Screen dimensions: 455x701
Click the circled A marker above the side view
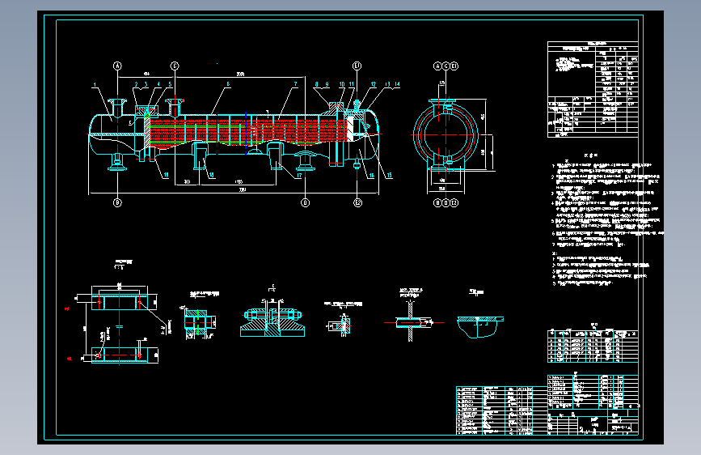click(x=117, y=65)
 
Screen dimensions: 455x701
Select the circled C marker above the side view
click(x=175, y=65)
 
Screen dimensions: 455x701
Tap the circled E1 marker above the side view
click(x=357, y=65)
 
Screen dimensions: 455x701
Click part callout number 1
click(x=95, y=84)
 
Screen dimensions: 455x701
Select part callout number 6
click(x=229, y=84)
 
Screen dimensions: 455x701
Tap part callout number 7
click(x=296, y=84)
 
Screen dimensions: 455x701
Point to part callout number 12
click(x=374, y=84)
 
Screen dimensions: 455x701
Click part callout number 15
click(x=390, y=174)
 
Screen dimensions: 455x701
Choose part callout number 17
click(x=298, y=174)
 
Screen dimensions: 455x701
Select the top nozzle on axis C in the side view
click(x=175, y=105)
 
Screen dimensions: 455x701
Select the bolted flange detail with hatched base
click(x=272, y=321)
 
